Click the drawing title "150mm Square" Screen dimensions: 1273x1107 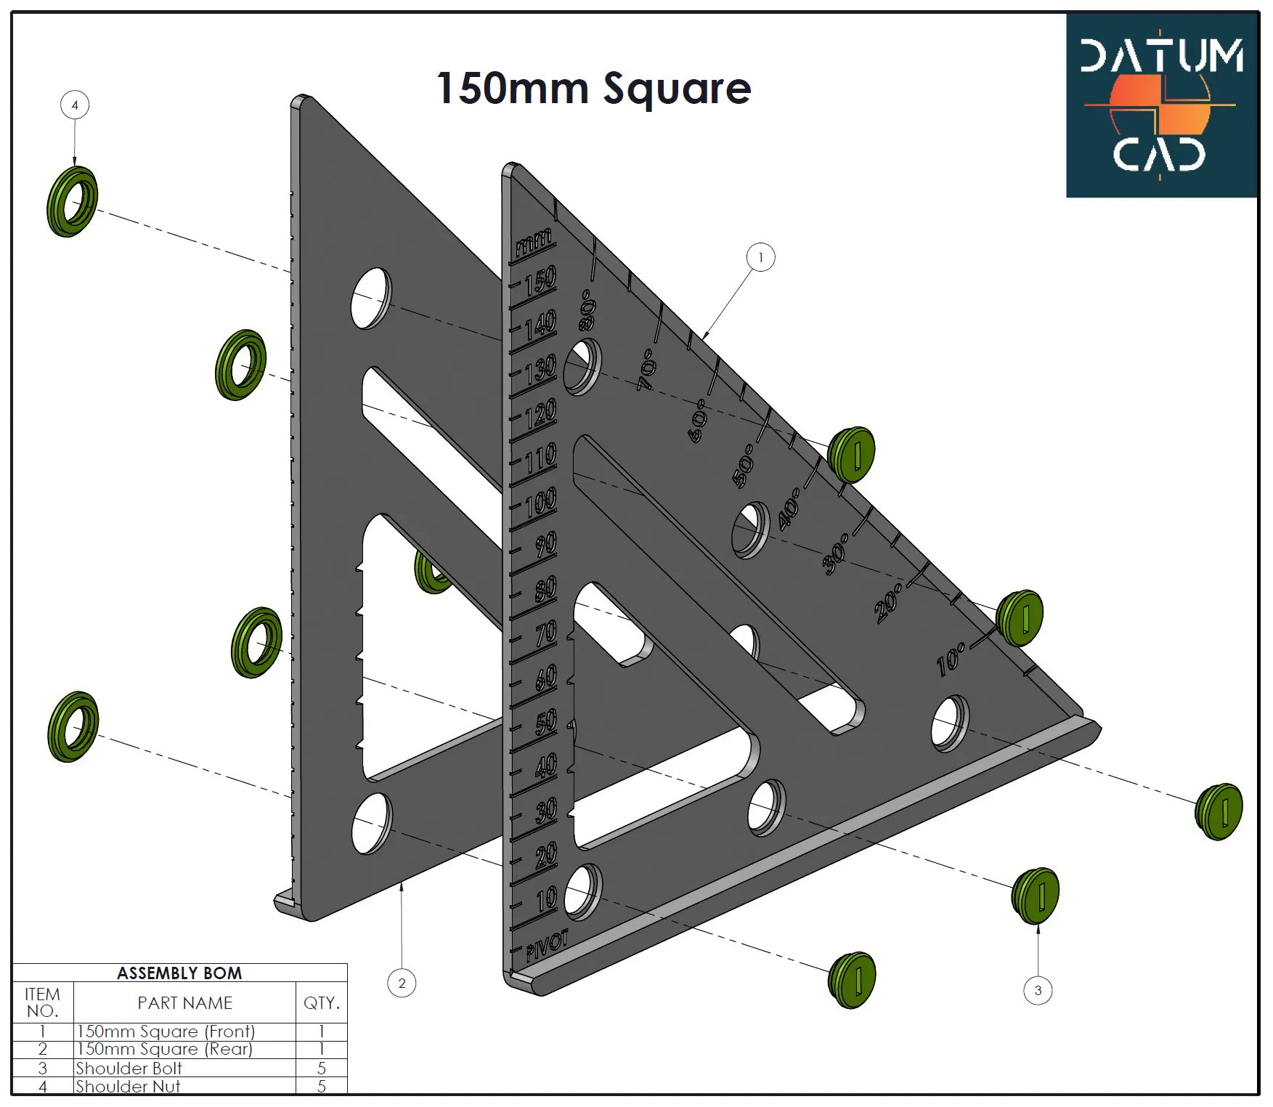click(x=593, y=89)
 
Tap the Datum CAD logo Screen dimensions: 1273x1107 click(x=1161, y=105)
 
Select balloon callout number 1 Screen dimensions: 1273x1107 click(x=760, y=257)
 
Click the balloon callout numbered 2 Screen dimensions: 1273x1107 click(x=402, y=983)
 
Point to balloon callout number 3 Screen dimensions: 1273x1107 click(x=1038, y=990)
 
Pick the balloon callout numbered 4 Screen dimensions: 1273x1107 click(x=75, y=105)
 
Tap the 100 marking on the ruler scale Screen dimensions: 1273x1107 click(x=540, y=501)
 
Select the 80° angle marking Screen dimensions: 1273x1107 click(x=587, y=309)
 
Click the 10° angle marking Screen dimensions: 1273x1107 click(x=951, y=659)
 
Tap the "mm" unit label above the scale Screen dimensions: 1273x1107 click(x=534, y=243)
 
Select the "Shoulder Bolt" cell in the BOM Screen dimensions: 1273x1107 click(x=129, y=1068)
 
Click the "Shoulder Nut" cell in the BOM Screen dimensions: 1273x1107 click(x=128, y=1086)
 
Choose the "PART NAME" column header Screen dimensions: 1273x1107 click(x=185, y=1002)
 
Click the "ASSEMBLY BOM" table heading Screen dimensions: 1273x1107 click(x=179, y=973)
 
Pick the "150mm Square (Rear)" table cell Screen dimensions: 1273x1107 click(x=164, y=1049)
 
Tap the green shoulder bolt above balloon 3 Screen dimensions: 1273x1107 click(x=1036, y=896)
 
